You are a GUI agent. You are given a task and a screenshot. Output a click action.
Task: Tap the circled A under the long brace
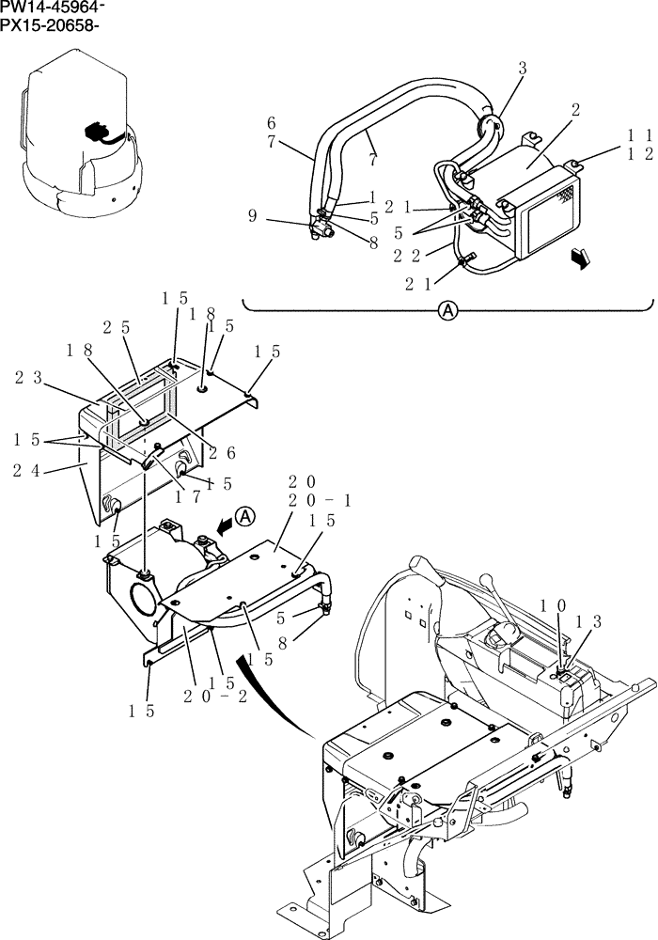pyautogui.click(x=448, y=312)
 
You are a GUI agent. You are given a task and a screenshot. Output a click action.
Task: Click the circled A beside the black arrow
pyautogui.click(x=244, y=515)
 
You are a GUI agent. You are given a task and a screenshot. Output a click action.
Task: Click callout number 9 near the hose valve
pyautogui.click(x=253, y=215)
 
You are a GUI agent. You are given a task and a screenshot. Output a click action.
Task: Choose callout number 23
pyautogui.click(x=27, y=377)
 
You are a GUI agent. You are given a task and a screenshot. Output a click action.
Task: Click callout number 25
pyautogui.click(x=117, y=326)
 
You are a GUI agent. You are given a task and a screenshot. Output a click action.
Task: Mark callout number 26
pyautogui.click(x=223, y=452)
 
